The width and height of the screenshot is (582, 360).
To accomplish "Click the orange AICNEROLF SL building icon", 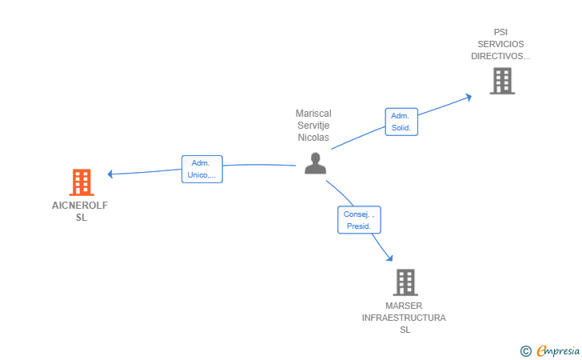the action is tap(82, 182).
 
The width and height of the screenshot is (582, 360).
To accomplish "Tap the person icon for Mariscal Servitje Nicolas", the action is tap(316, 163).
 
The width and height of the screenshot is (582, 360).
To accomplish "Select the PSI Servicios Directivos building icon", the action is tap(502, 81).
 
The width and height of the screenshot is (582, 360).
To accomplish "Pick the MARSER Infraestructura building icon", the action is tap(405, 282).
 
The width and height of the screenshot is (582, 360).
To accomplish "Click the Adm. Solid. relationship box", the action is tap(401, 122).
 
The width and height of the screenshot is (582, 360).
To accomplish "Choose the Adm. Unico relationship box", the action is tap(202, 169).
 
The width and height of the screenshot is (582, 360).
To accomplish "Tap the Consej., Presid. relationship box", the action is tap(359, 220).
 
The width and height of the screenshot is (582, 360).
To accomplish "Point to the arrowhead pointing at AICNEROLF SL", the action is tap(110, 174).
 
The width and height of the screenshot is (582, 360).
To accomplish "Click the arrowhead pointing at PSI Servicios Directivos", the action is tap(468, 98).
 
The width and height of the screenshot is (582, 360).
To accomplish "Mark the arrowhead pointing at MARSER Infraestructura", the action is tap(389, 258).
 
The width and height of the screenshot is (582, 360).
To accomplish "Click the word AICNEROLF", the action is tap(80, 206).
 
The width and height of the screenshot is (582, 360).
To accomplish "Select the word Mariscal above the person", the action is tap(313, 114).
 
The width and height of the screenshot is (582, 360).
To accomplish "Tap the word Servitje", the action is tap(313, 126).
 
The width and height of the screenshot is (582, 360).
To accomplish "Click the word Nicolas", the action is tap(313, 138).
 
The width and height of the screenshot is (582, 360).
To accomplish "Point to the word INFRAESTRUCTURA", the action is tap(404, 318).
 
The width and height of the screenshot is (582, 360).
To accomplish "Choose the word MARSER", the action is tap(404, 306).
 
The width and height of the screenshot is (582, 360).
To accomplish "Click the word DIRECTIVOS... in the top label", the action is tap(500, 56).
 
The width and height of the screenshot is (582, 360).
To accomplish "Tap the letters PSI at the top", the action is tap(500, 32).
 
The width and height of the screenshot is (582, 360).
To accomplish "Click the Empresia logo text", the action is tap(558, 351).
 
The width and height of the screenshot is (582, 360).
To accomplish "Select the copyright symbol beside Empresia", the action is tap(525, 351).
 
